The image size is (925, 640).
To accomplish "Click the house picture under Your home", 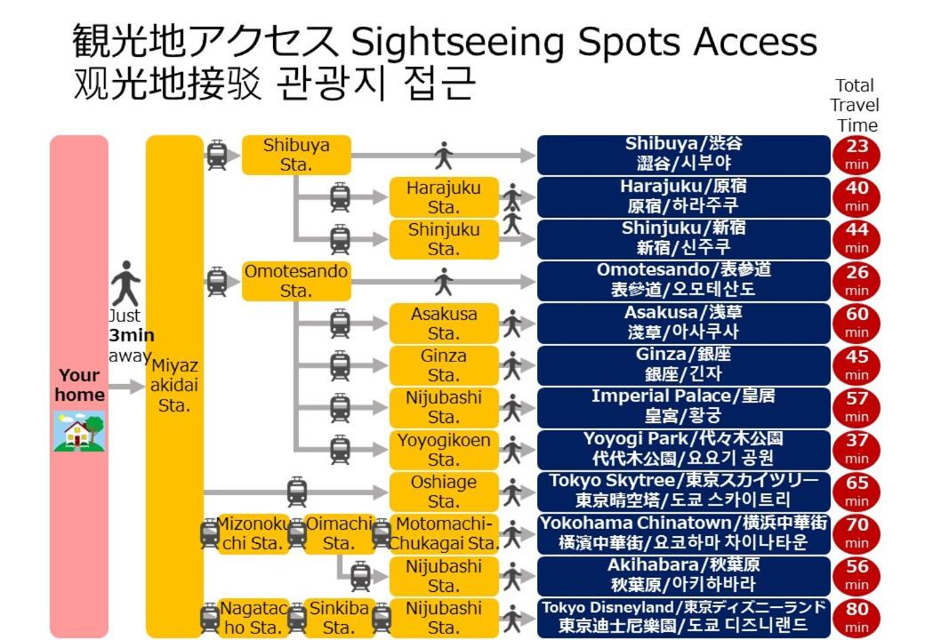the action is (80, 431).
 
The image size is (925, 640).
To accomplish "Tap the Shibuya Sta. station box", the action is (296, 155).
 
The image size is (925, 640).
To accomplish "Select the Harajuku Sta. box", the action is (444, 197).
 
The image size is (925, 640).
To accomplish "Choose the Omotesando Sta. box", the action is (296, 281).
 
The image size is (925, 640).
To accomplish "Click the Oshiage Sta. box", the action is (444, 492).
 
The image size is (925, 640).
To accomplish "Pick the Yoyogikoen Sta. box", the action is (444, 450).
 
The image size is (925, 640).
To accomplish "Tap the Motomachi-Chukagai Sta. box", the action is (444, 534).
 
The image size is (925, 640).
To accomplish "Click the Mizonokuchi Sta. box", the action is (253, 534).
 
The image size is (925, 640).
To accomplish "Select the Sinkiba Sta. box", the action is (339, 618).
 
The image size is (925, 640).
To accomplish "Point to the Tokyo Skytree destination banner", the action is (684, 492).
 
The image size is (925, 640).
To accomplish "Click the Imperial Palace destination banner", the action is (684, 407).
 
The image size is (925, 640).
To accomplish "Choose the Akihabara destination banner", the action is (684, 576).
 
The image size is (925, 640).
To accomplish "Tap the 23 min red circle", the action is (857, 155).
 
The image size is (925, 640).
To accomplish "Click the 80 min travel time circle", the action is (857, 618).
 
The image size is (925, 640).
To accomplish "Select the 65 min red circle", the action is (857, 492).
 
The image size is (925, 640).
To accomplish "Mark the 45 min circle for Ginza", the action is (857, 365).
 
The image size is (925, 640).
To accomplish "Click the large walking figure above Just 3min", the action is (125, 284).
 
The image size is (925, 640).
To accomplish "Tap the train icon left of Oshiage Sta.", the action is (297, 492).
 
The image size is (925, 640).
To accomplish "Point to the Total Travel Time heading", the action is (855, 106).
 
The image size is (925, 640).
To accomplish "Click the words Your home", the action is (80, 385).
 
